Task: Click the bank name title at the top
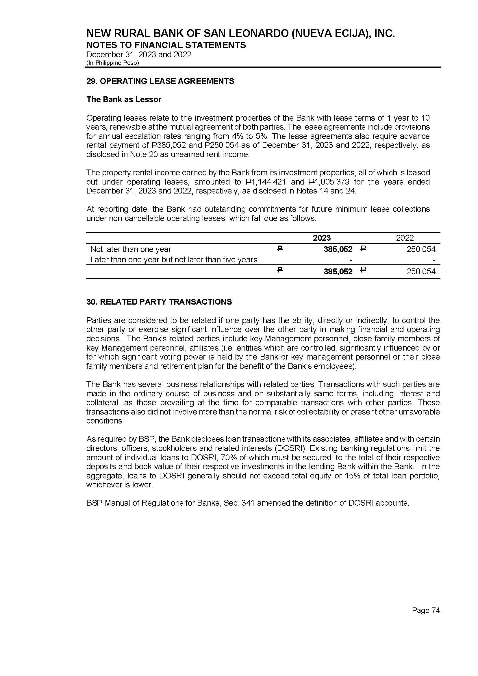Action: tap(240, 34)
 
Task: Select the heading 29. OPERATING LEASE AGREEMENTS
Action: tap(160, 81)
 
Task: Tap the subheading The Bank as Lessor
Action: tap(124, 100)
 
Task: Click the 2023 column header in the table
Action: tap(321, 238)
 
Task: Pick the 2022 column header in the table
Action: tap(405, 238)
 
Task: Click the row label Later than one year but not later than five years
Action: tap(174, 259)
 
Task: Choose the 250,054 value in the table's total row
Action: tap(421, 271)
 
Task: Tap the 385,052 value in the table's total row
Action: tap(338, 271)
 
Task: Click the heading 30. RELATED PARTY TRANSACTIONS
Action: tap(159, 302)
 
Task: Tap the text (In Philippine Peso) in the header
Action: tap(112, 63)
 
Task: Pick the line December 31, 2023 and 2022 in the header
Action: tap(139, 54)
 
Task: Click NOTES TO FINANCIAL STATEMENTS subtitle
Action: tap(166, 45)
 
